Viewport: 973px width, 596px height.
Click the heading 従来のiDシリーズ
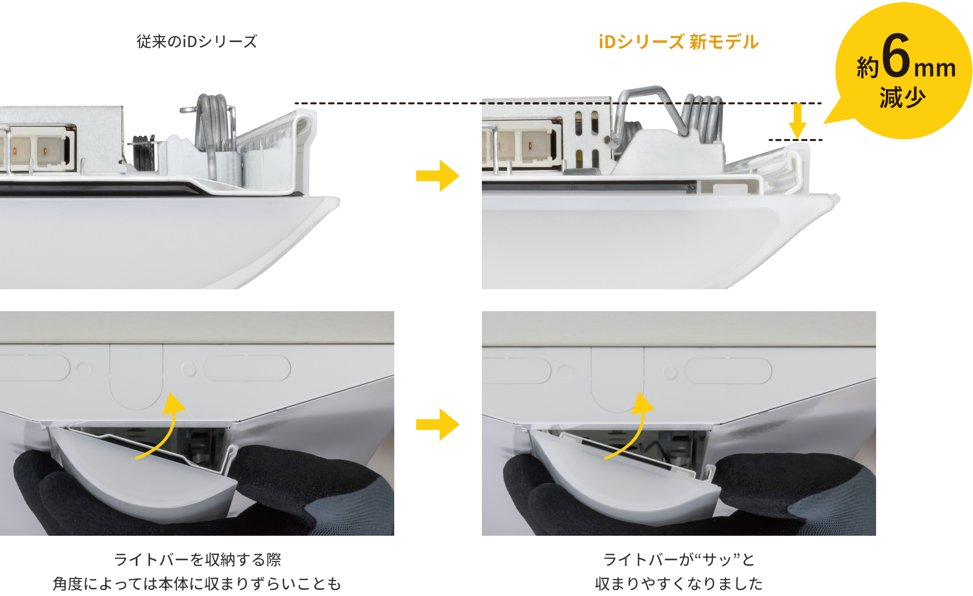pyautogui.click(x=197, y=42)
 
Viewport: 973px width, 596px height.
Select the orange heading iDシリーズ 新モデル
pyautogui.click(x=678, y=42)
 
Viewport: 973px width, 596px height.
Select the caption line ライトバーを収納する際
pyautogui.click(x=197, y=560)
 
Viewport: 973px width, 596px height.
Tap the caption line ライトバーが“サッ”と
pyautogui.click(x=679, y=560)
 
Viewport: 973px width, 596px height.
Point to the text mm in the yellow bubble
pyautogui.click(x=935, y=68)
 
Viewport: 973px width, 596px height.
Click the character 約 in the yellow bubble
pyautogui.click(x=867, y=68)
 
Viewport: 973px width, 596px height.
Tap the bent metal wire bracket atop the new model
pyautogui.click(x=646, y=101)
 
